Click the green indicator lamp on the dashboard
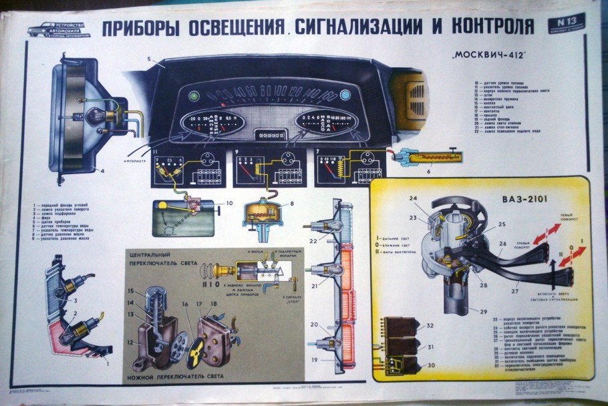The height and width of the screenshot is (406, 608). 194,95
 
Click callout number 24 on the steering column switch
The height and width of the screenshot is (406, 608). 413,198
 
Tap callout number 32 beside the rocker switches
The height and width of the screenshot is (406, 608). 430,326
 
